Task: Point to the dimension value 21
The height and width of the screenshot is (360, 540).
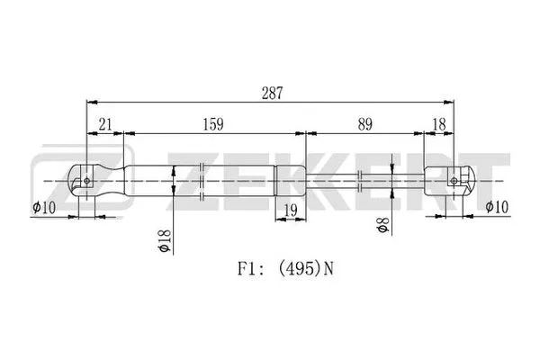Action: pos(105,123)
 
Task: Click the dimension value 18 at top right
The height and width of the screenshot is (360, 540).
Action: pos(440,123)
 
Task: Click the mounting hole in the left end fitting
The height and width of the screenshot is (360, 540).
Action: pos(85,181)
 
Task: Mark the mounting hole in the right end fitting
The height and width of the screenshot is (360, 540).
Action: pos(453,181)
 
